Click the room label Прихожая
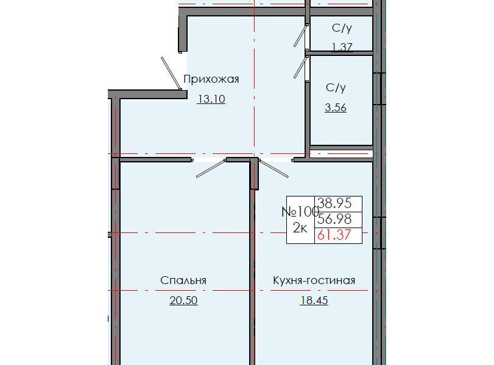tap(211, 79)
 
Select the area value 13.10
tap(211, 99)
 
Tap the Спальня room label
tap(183, 280)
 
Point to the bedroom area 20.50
tap(184, 301)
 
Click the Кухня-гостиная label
tap(314, 280)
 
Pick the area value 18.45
tap(314, 301)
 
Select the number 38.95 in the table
tap(334, 203)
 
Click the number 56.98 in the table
tap(334, 219)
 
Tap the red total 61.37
tap(334, 235)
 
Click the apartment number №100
tap(300, 212)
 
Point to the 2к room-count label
tap(300, 228)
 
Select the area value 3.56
tap(336, 108)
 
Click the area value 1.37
tap(342, 47)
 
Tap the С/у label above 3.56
tap(336, 88)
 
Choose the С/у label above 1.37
tap(342, 29)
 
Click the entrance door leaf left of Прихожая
tap(171, 74)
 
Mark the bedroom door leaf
tap(211, 169)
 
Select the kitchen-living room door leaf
tap(273, 169)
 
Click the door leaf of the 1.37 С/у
tap(300, 35)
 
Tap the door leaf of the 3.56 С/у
tap(300, 67)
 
